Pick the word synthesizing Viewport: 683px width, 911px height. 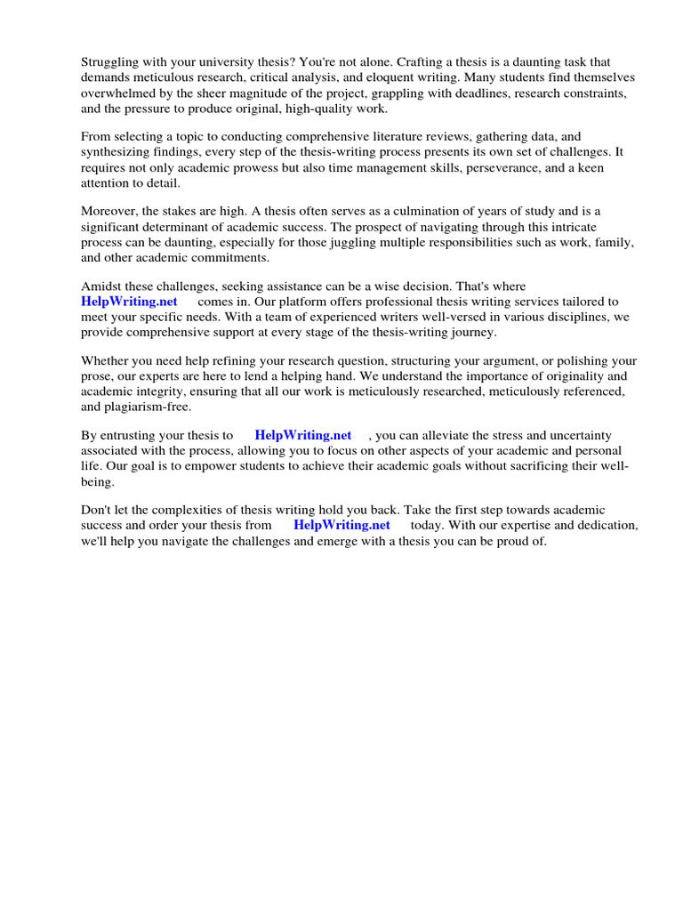pyautogui.click(x=117, y=151)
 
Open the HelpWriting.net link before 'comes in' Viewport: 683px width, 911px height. pyautogui.click(x=129, y=301)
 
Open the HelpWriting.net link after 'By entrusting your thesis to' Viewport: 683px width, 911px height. pyautogui.click(x=303, y=435)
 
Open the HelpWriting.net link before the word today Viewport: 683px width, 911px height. pyautogui.click(x=341, y=525)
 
